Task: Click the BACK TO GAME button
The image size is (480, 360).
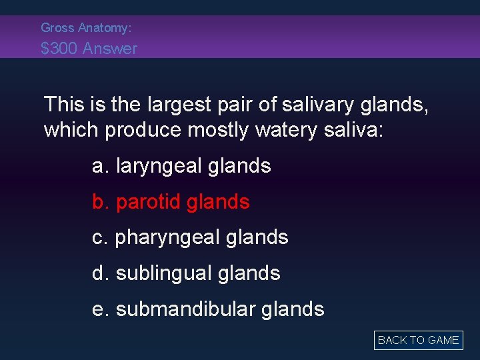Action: pos(418,340)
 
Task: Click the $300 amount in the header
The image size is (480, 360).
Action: pos(59,49)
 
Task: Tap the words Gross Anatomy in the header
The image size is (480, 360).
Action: pos(85,28)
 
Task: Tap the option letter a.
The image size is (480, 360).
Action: pos(100,167)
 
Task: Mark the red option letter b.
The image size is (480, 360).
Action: pos(100,202)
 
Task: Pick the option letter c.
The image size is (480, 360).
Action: pos(100,238)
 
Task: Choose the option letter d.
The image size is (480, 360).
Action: pos(100,273)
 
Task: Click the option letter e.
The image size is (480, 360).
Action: pos(100,309)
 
